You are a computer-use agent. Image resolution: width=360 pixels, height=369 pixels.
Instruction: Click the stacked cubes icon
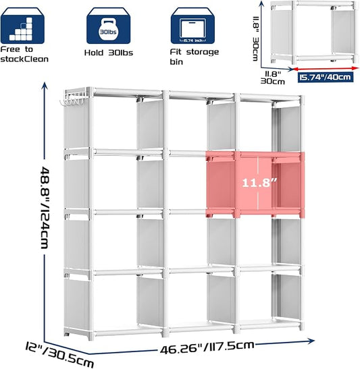tap(22, 26)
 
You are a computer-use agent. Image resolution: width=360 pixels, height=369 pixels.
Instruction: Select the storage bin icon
tap(192, 26)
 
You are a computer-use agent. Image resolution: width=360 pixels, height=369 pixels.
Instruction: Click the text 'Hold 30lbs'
tap(109, 53)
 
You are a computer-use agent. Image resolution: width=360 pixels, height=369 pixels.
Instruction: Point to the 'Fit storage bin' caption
tap(195, 57)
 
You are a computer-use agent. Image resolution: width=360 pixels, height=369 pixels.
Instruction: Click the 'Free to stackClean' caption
tap(24, 55)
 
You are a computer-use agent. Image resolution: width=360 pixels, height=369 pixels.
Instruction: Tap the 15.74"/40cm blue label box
tap(326, 77)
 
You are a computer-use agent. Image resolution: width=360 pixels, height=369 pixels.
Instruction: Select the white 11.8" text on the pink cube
tap(259, 183)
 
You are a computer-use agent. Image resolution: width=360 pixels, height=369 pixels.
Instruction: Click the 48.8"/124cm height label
tap(45, 207)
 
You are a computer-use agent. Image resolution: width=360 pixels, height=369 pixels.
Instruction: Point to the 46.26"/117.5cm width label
tap(207, 347)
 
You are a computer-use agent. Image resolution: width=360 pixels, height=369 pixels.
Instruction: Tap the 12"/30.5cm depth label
tap(59, 355)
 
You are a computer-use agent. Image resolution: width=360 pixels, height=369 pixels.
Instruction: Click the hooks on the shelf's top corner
tap(72, 101)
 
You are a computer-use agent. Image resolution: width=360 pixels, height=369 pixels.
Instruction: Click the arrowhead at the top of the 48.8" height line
tap(45, 85)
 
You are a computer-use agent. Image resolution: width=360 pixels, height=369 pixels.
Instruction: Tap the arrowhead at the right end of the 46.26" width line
tap(311, 341)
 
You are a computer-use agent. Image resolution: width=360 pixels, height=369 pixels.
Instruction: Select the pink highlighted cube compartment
tap(255, 184)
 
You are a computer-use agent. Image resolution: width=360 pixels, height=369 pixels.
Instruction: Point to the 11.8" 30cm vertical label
tap(255, 38)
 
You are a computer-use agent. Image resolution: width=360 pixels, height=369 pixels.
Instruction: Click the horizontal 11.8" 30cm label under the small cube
tap(273, 78)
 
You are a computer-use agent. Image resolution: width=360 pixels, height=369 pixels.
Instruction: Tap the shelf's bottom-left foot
tap(67, 333)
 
